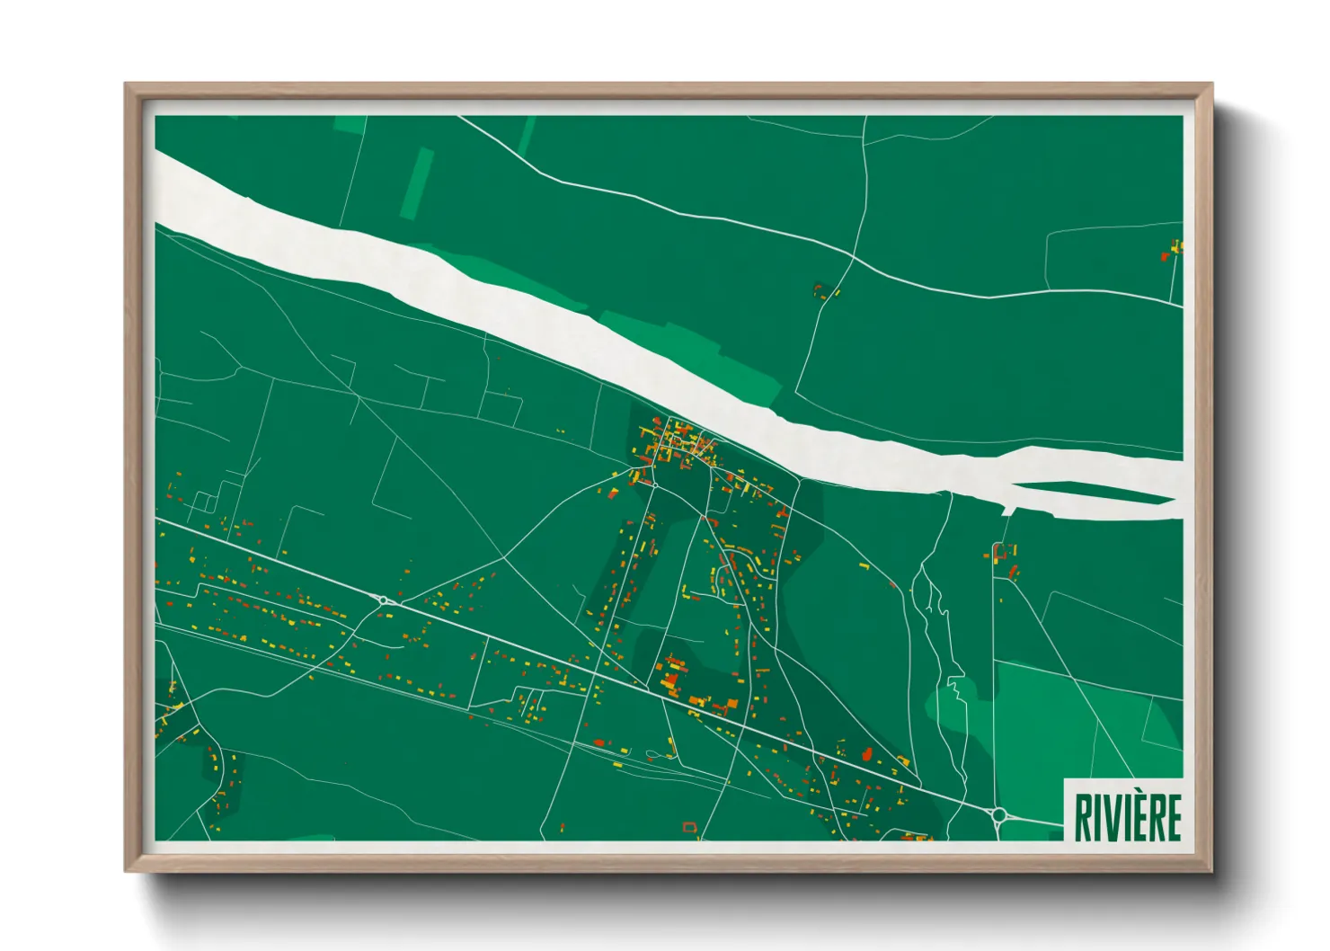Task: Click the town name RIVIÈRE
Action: (x=1127, y=816)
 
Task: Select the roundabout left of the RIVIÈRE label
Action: (x=998, y=815)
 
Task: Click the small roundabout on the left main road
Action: (x=384, y=600)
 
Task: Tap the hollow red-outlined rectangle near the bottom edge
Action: (x=689, y=827)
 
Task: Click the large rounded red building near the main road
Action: (x=867, y=754)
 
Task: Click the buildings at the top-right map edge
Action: (x=1173, y=251)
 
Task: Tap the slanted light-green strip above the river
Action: (x=417, y=183)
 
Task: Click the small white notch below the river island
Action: (x=1008, y=511)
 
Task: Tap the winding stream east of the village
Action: (x=939, y=647)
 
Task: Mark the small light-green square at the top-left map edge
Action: (x=350, y=125)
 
